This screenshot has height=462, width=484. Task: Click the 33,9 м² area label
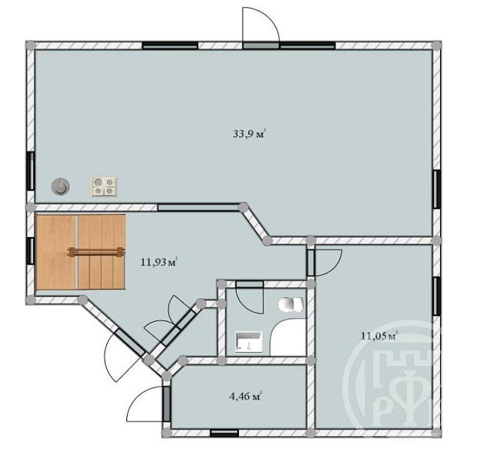[x=250, y=134]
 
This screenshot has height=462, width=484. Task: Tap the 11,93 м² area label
[x=159, y=263]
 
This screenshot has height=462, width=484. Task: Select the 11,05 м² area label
[x=379, y=336]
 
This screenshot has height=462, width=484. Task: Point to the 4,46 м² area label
[x=246, y=397]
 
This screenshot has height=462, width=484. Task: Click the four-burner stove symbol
[x=104, y=186]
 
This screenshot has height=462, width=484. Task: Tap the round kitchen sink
[x=60, y=186]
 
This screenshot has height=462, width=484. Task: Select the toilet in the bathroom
[x=291, y=304]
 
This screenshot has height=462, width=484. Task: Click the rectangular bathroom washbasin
[x=249, y=342]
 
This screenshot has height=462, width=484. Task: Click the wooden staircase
[x=81, y=253]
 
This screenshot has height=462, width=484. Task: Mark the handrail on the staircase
[x=96, y=253]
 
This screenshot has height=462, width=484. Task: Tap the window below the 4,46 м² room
[x=224, y=433]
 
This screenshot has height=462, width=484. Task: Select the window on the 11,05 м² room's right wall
[x=437, y=296]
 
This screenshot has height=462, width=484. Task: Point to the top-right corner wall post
[x=436, y=45]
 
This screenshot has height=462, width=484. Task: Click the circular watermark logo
[x=392, y=373]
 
